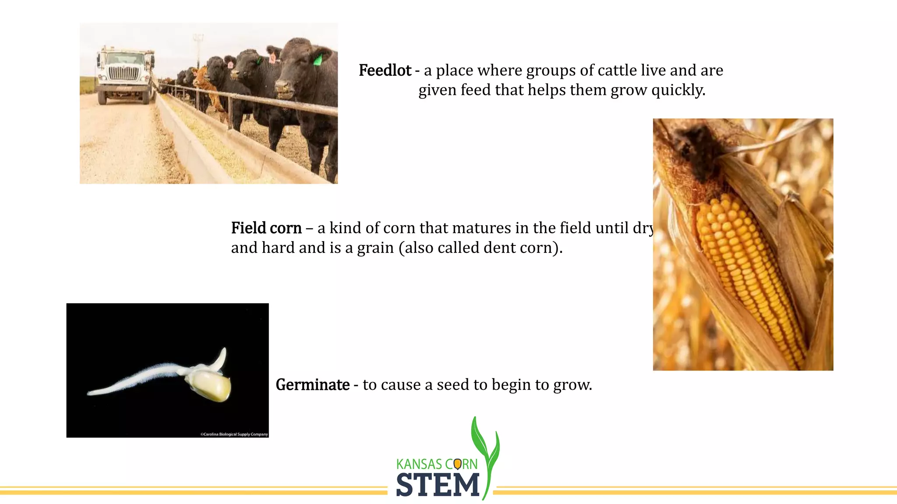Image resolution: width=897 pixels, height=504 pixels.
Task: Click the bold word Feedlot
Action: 385,70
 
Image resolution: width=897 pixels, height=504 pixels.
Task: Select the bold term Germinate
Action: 312,385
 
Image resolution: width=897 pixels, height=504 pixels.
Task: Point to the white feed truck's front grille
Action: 123,73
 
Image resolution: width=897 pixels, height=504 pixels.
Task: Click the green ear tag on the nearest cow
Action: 318,59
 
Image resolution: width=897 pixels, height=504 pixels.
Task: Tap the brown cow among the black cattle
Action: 205,83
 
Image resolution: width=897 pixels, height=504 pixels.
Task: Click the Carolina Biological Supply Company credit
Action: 234,434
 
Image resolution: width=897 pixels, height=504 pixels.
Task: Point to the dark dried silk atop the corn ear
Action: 696,149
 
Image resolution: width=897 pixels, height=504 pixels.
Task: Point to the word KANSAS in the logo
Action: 419,464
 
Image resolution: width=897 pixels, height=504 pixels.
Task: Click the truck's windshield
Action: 125,58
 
